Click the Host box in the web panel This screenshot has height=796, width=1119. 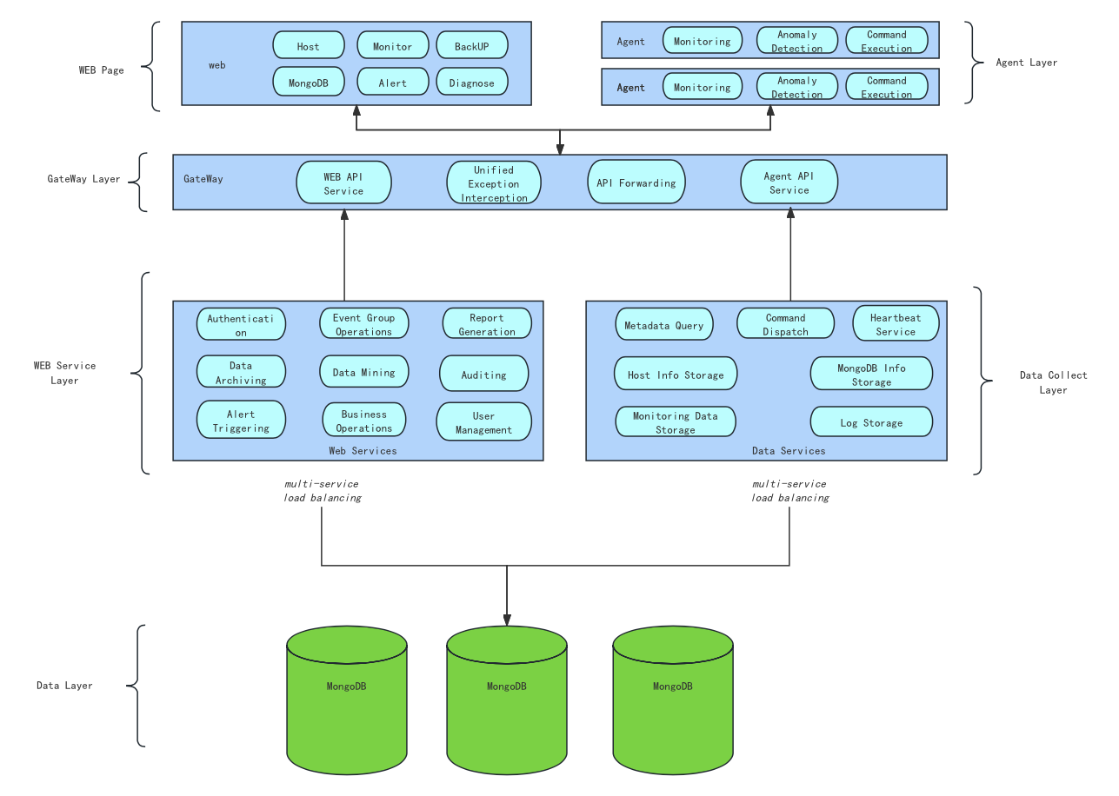pos(309,46)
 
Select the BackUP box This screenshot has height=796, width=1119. pos(471,46)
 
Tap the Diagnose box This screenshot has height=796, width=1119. pos(471,83)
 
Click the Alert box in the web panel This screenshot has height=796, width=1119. pos(393,83)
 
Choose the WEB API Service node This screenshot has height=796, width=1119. pos(344,183)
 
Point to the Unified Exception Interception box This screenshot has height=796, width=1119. pos(494,183)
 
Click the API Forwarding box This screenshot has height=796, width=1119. pos(636,183)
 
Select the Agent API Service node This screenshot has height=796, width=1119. pos(789,183)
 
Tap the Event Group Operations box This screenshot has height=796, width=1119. pos(364,324)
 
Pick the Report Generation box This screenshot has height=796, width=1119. pos(487,324)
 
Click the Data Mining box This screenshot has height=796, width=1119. pos(364,373)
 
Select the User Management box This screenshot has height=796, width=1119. pos(484,422)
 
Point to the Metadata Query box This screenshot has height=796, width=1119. pos(664,325)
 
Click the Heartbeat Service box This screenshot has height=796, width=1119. pos(896,324)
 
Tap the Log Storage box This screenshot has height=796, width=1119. pos(871,422)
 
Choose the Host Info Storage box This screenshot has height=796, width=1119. pos(676,375)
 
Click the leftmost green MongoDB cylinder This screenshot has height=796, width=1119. pos(347,700)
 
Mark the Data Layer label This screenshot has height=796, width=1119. pos(64,686)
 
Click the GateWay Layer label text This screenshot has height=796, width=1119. pos(83,179)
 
